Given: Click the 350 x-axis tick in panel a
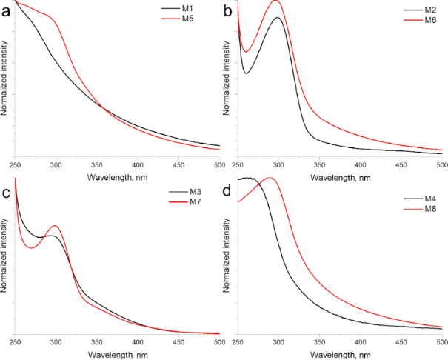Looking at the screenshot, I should point(96,163).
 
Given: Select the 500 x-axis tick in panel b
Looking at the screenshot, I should point(439,164).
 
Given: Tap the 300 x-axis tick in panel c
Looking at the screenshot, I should point(56,343).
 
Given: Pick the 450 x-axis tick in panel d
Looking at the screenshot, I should point(401,344).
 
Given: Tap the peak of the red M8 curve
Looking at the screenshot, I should point(270,178).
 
